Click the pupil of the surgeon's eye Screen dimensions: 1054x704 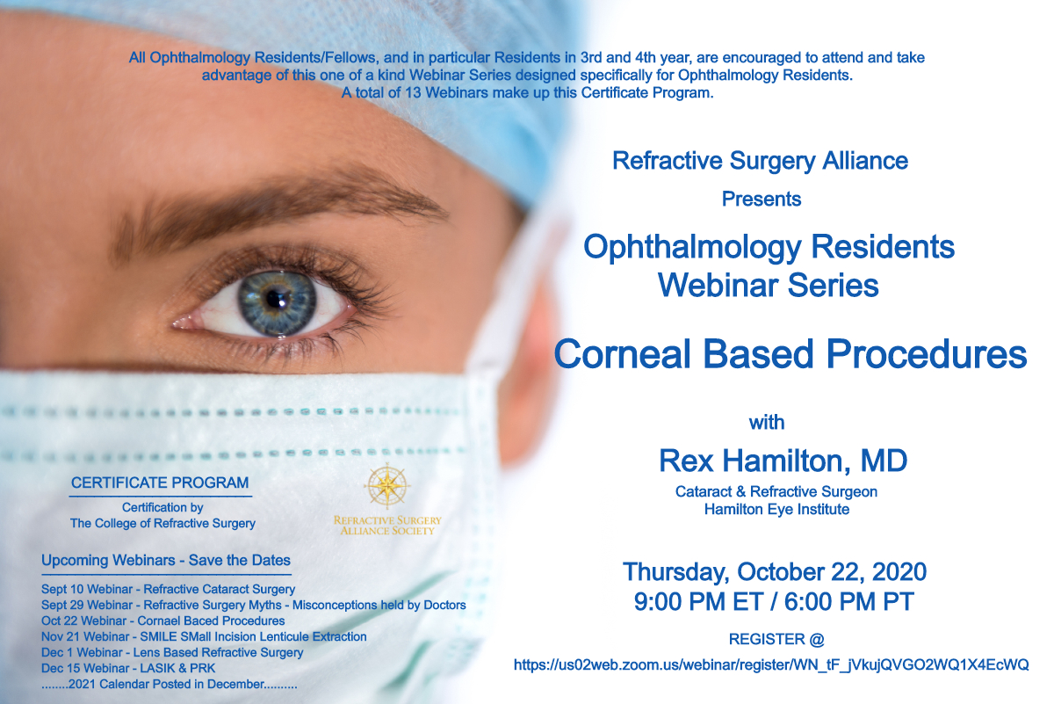[x=274, y=298]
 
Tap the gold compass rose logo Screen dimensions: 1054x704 [x=387, y=486]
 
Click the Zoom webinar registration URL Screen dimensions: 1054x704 [x=771, y=665]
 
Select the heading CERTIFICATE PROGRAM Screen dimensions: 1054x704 [x=160, y=483]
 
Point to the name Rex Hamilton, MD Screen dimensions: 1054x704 [x=783, y=461]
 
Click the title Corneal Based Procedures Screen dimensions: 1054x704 [x=790, y=354]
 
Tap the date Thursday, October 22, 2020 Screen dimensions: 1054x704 [x=775, y=571]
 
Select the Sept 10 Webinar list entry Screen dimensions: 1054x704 [x=168, y=589]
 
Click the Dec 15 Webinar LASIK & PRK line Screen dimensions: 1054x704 [x=128, y=668]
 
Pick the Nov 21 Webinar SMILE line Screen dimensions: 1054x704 [x=204, y=636]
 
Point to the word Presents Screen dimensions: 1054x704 [x=762, y=199]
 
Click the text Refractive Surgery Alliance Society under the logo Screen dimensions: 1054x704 [x=387, y=526]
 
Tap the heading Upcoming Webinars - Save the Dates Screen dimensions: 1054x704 [x=166, y=561]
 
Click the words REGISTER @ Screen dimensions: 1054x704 [x=776, y=639]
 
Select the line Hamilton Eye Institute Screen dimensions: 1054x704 [x=776, y=510]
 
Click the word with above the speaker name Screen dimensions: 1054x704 [x=767, y=423]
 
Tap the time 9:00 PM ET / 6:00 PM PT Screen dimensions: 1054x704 [x=774, y=602]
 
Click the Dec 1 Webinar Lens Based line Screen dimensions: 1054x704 [x=172, y=653]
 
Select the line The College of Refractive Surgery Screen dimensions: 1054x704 [x=162, y=523]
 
